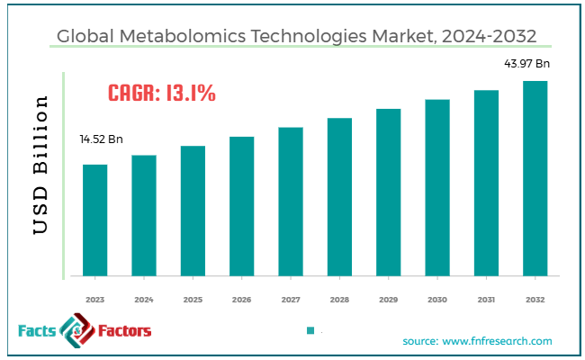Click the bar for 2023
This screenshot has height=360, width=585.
[95, 219]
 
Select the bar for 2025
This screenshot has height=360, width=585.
[193, 210]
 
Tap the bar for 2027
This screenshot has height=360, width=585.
[291, 200]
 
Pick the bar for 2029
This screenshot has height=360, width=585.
[388, 191]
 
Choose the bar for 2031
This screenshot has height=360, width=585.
[486, 182]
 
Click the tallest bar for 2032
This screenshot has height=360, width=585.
[535, 177]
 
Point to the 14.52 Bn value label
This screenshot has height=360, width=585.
[101, 140]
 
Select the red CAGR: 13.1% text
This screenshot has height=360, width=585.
[161, 93]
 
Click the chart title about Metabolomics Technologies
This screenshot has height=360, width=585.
[292, 37]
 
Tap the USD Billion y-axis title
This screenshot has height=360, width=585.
[40, 166]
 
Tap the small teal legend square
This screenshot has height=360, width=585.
[310, 331]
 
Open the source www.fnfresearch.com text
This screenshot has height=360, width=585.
[477, 341]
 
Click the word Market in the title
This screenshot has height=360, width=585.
[392, 37]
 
